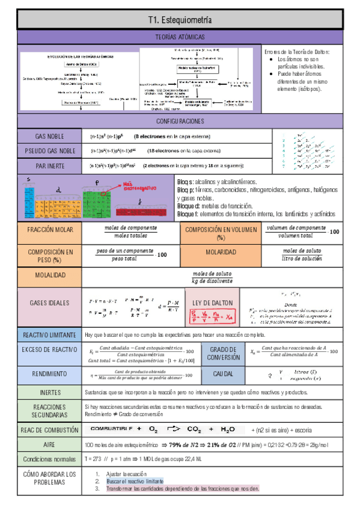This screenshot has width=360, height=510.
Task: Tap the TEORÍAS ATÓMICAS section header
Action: coord(180,37)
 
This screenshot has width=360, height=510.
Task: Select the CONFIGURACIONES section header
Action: coord(180,121)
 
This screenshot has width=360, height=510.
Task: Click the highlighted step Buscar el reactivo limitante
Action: coord(134,482)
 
